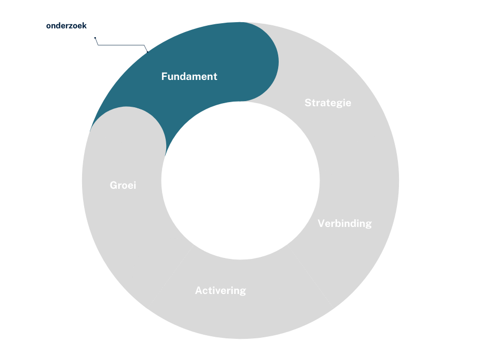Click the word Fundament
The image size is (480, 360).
189,76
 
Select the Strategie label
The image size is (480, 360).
328,103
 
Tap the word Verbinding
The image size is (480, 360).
344,223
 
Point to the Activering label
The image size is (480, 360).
220,290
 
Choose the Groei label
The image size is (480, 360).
123,185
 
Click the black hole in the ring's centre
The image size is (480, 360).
240,181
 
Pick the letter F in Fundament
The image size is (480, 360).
164,76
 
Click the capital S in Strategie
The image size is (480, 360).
308,103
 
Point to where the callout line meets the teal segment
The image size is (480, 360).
148,52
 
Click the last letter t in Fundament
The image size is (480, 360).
215,76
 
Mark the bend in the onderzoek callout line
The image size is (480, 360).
98,45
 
